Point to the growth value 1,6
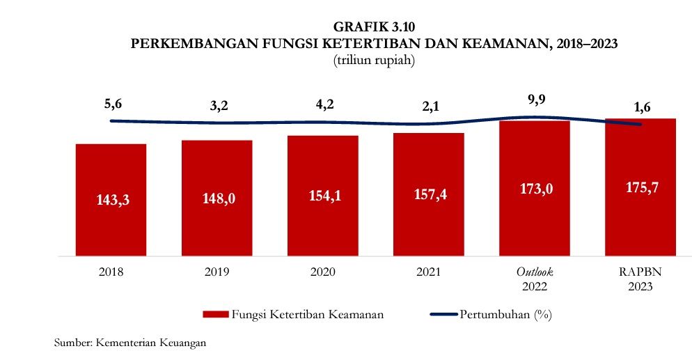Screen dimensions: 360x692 tap(641, 108)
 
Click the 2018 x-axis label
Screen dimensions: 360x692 tap(111, 272)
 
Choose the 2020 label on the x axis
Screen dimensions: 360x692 tap(323, 272)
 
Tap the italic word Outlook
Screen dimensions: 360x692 tap(535, 272)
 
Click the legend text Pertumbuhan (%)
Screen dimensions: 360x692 tap(505, 314)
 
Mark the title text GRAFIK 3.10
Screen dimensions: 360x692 tap(375, 28)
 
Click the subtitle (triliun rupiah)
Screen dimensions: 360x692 tap(375, 61)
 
